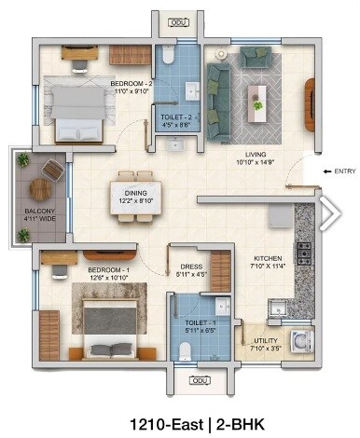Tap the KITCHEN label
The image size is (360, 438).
click(270, 262)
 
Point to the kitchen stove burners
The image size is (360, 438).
click(303, 252)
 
